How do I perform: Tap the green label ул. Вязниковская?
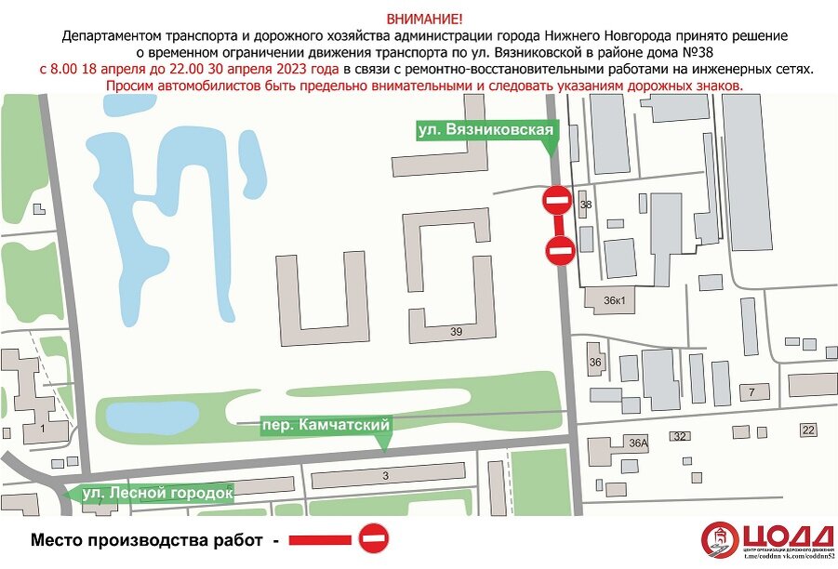click(x=486, y=131)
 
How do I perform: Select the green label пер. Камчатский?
click(x=325, y=425)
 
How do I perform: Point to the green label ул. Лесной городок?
click(x=156, y=493)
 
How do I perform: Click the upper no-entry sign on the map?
click(x=557, y=200)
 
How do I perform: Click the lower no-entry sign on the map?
click(x=560, y=250)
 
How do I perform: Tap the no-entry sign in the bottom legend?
click(x=373, y=539)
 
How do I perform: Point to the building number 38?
click(x=585, y=204)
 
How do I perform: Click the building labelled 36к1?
click(x=615, y=299)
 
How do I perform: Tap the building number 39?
click(x=456, y=331)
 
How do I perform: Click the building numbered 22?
click(x=808, y=430)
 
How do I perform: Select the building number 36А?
click(x=638, y=443)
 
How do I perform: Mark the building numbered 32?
click(x=680, y=436)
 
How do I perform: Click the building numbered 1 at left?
click(x=43, y=429)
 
